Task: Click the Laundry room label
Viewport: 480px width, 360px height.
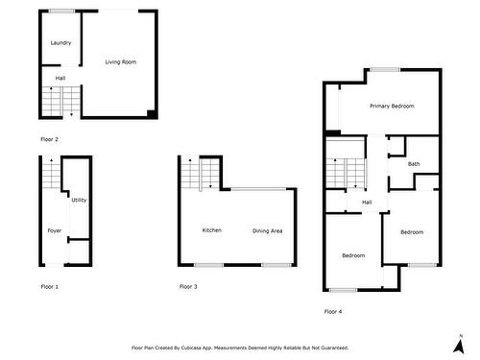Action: pyautogui.click(x=60, y=43)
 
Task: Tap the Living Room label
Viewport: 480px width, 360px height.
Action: pyautogui.click(x=121, y=61)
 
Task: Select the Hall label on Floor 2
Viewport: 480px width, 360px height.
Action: pyautogui.click(x=60, y=78)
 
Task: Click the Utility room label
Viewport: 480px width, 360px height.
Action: pyautogui.click(x=79, y=201)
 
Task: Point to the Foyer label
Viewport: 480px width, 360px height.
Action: pyautogui.click(x=54, y=230)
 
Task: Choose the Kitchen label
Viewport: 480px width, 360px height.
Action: pyautogui.click(x=212, y=230)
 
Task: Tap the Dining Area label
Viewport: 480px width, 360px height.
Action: pyautogui.click(x=267, y=230)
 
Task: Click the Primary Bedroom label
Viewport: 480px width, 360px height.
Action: pyautogui.click(x=392, y=106)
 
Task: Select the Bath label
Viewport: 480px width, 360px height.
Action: pyautogui.click(x=414, y=164)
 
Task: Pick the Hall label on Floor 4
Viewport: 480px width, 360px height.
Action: pyautogui.click(x=367, y=203)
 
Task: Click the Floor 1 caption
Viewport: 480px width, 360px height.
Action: pyautogui.click(x=49, y=287)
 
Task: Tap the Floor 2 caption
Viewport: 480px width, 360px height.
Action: pyautogui.click(x=49, y=140)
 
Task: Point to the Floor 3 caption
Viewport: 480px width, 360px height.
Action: pyautogui.click(x=188, y=287)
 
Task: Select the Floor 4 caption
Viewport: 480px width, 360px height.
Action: pyautogui.click(x=332, y=311)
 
